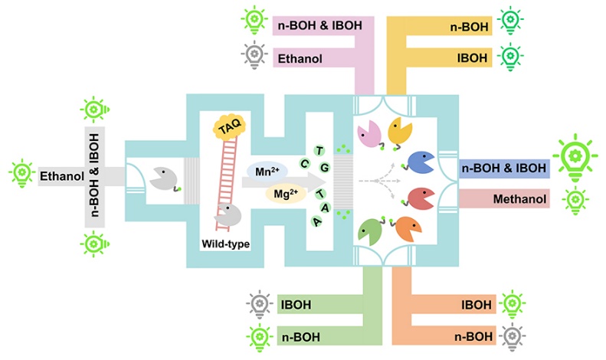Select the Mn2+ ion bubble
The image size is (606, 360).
pyautogui.click(x=265, y=172)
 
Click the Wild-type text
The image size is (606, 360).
pyautogui.click(x=224, y=244)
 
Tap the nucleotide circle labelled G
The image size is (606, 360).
pyautogui.click(x=324, y=166)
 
